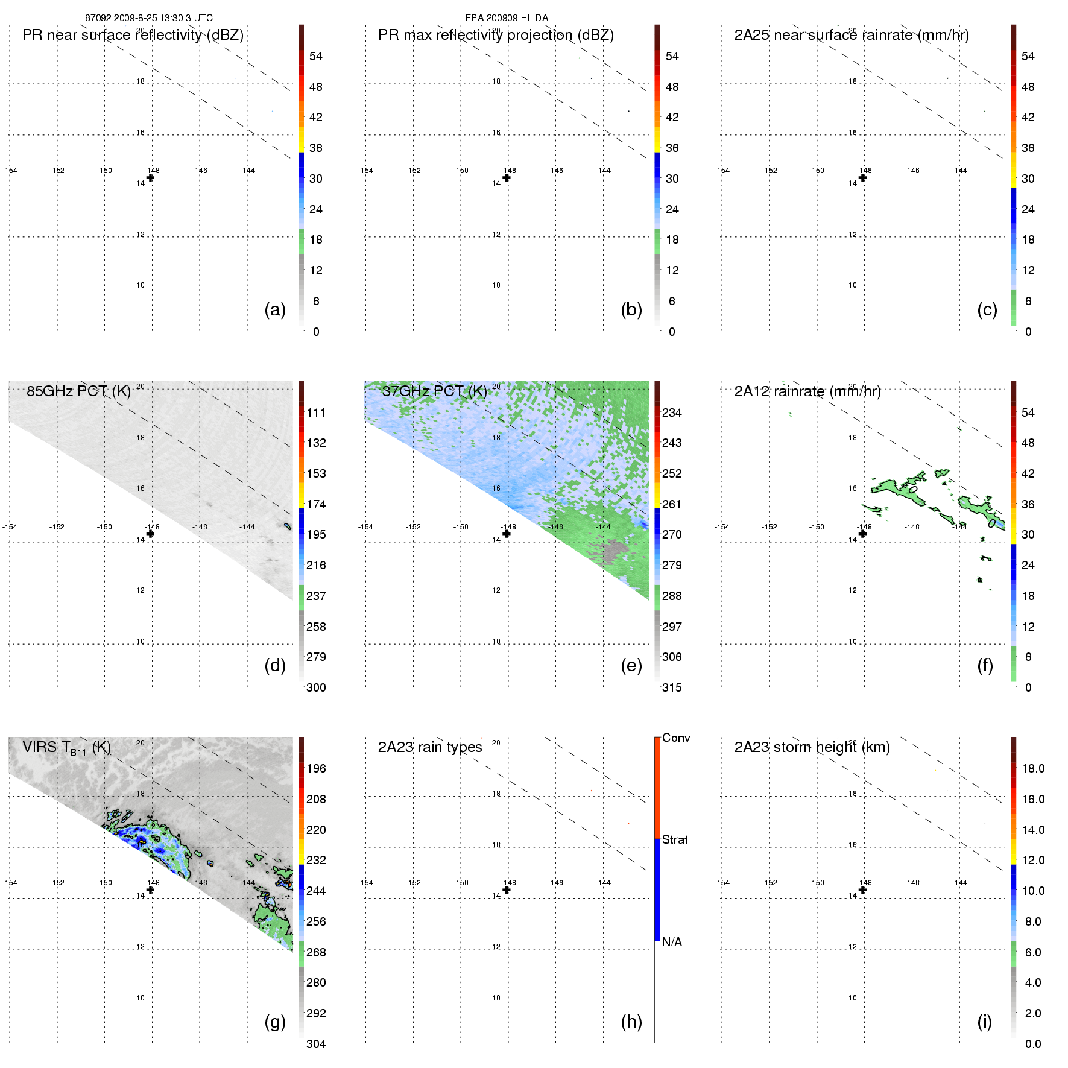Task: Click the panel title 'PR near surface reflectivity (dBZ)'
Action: pyautogui.click(x=133, y=35)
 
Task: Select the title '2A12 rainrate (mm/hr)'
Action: pyautogui.click(x=807, y=391)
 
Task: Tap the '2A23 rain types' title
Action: pyautogui.click(x=430, y=747)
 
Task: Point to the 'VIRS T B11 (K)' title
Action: pyautogui.click(x=66, y=748)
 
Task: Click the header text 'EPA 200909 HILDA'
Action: pyautogui.click(x=507, y=18)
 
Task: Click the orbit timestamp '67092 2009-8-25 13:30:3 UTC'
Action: pyautogui.click(x=149, y=18)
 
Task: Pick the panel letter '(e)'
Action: pyautogui.click(x=631, y=666)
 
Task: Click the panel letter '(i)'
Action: pyautogui.click(x=984, y=1022)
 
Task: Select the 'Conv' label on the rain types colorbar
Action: pyautogui.click(x=676, y=738)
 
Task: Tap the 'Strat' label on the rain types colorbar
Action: pyautogui.click(x=675, y=839)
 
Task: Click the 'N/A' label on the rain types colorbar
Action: pyautogui.click(x=672, y=942)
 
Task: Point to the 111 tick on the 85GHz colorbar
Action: pyautogui.click(x=316, y=412)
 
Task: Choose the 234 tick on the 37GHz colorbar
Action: pyautogui.click(x=672, y=412)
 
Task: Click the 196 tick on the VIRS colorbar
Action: pyautogui.click(x=316, y=768)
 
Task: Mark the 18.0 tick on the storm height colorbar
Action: pyautogui.click(x=1033, y=768)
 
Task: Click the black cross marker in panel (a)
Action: pyautogui.click(x=150, y=178)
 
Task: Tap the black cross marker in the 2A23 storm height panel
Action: pyautogui.click(x=862, y=890)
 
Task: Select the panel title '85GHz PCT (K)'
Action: pyautogui.click(x=78, y=391)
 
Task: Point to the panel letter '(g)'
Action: pyautogui.click(x=275, y=1022)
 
